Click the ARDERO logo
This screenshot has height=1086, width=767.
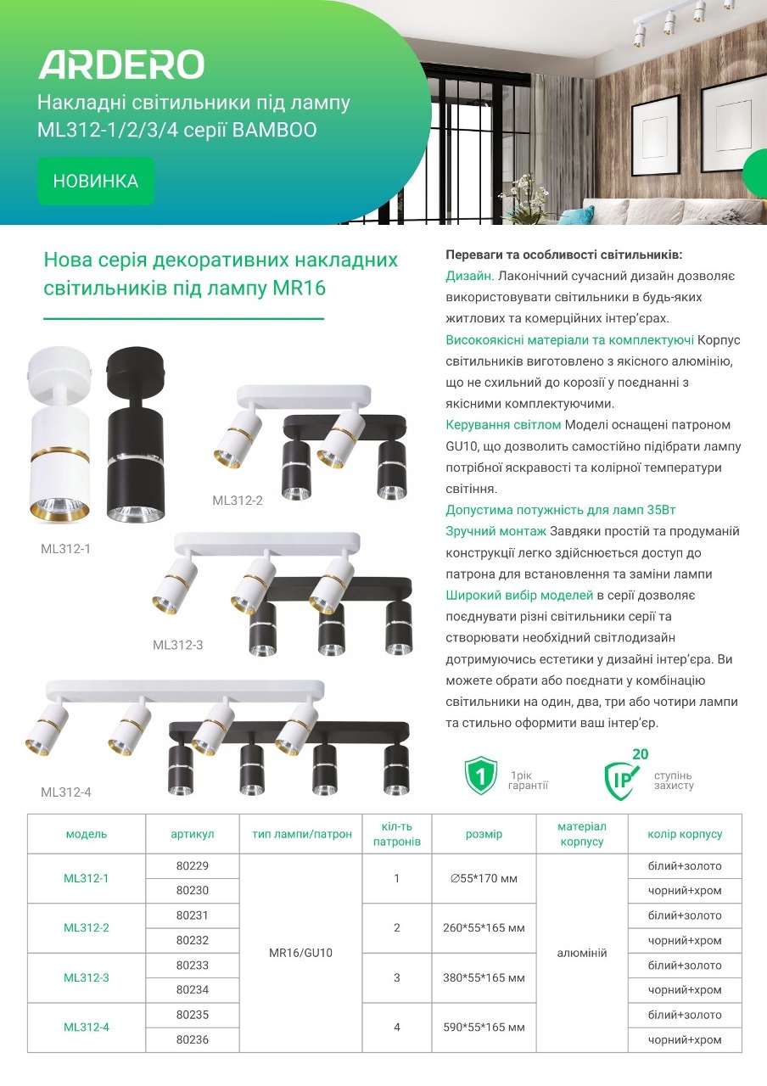point(121,64)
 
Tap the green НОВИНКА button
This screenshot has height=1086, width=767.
point(96,181)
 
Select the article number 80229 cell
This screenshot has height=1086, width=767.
point(193,866)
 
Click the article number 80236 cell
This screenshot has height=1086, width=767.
point(193,1039)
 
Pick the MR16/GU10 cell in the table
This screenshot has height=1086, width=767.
point(301,953)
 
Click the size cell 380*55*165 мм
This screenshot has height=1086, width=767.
point(484,977)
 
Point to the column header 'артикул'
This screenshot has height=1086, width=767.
point(193,834)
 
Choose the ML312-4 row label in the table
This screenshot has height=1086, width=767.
point(87,1027)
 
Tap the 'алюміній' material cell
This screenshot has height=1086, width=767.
point(582,953)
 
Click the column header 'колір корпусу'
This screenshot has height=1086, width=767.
point(685,834)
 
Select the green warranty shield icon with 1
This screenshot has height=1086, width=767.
point(480,775)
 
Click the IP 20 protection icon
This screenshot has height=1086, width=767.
point(623,775)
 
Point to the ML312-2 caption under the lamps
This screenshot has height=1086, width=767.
point(238,501)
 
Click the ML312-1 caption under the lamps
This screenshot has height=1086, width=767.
point(66,549)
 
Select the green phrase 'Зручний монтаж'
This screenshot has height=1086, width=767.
point(496,531)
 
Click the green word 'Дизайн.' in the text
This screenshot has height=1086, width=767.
point(470,277)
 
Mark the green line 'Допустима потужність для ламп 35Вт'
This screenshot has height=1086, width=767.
point(560,510)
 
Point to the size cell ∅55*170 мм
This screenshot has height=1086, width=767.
point(484,878)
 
